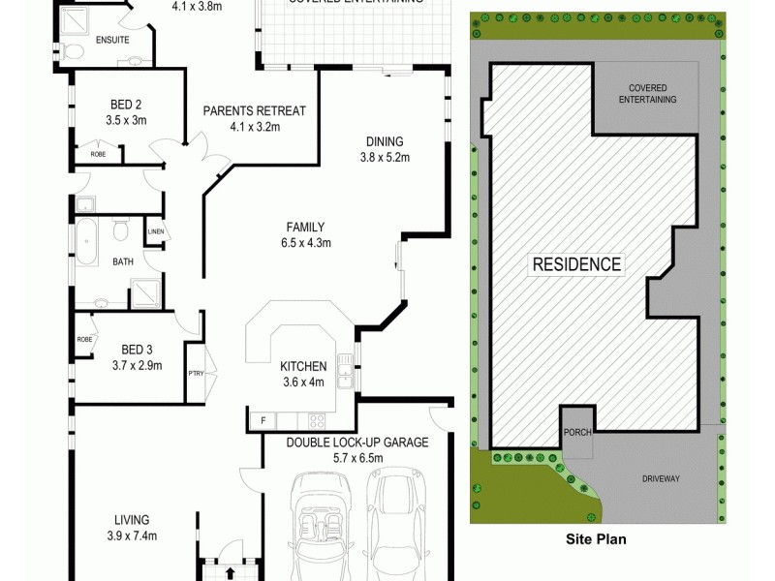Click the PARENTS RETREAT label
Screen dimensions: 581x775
point(254,110)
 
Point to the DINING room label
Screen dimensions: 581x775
point(386,140)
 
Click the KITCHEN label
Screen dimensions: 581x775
point(303,366)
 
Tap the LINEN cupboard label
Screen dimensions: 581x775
point(155,232)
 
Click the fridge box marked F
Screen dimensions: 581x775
point(261,420)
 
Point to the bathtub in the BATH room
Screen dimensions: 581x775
point(87,241)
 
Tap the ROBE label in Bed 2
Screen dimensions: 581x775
point(99,153)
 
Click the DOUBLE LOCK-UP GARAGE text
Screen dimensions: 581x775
point(357,443)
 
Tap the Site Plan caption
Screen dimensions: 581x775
point(597,542)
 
